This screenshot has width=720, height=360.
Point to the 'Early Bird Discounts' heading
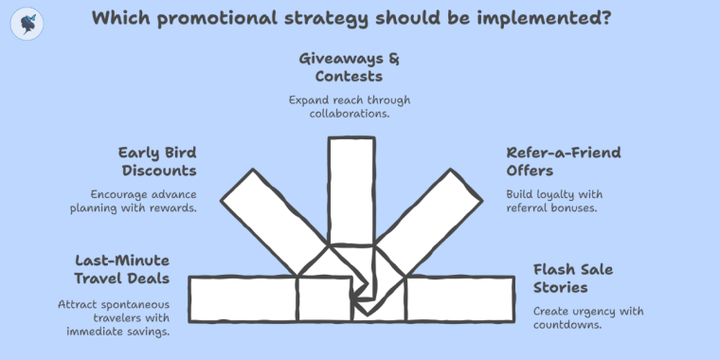(157, 161)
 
